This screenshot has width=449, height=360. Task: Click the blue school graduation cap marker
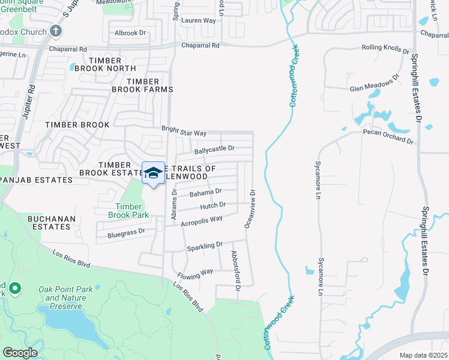coord(153,173)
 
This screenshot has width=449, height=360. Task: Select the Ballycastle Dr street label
coord(214,148)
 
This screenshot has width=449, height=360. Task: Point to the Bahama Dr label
coord(205,193)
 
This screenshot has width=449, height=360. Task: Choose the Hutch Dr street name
coord(212,205)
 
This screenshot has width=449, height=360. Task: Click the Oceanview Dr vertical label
coord(249,209)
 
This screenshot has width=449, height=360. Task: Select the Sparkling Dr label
coord(204,245)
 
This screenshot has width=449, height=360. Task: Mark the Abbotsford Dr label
coord(235,271)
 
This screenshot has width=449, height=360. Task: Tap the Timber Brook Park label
coord(128,209)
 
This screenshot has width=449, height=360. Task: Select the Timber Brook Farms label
coord(142,85)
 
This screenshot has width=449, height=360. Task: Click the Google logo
coord(20,353)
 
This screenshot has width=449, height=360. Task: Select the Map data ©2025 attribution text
coord(423,355)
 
